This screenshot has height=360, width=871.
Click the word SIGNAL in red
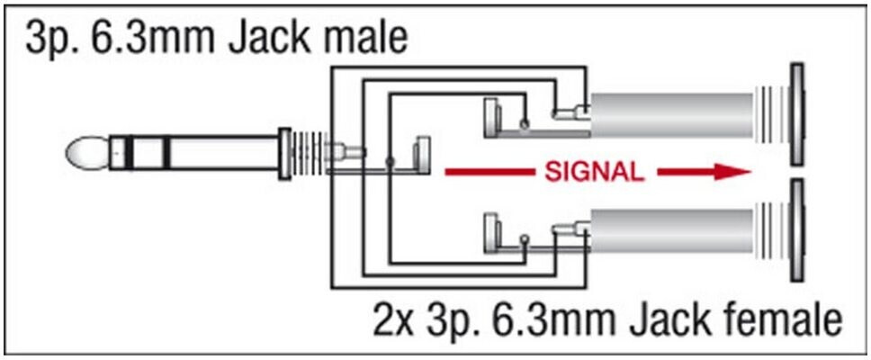pyautogui.click(x=594, y=172)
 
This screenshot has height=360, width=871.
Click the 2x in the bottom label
pyautogui.click(x=396, y=319)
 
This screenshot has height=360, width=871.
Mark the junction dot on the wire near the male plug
pyautogui.click(x=389, y=161)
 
